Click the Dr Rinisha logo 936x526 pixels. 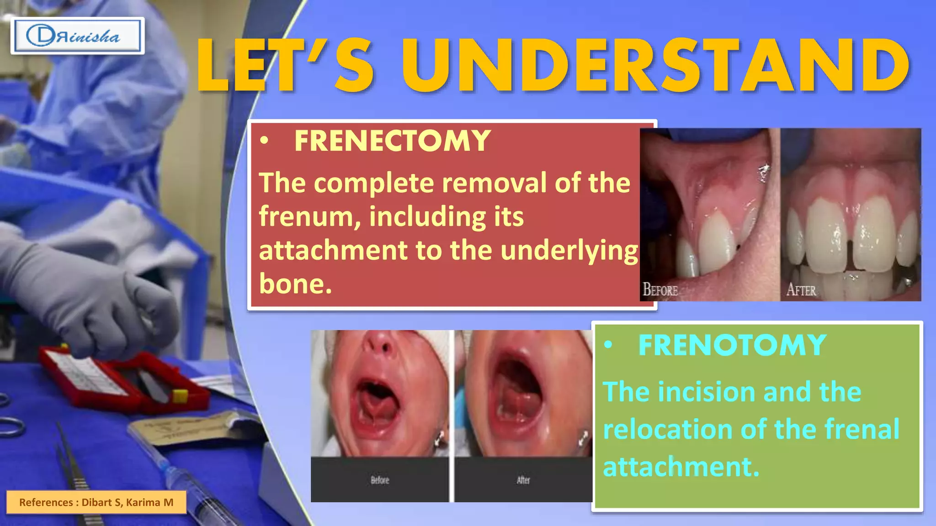coord(77,36)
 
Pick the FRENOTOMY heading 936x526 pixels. coord(732,345)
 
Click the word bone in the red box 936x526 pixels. coord(295,284)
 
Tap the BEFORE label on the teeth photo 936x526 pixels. coord(660,289)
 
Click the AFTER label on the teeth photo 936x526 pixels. coord(801,290)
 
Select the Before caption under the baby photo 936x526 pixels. coord(380,480)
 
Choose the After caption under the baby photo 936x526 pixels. coord(523,480)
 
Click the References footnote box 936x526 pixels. coord(96,502)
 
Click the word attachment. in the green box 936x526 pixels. coord(681,467)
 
